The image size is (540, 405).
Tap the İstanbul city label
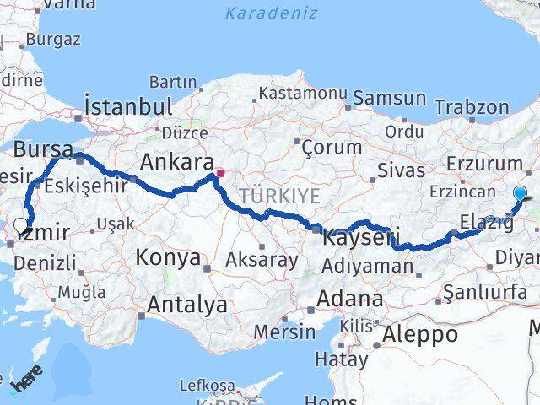click(x=129, y=107)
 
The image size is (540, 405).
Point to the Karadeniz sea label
click(x=271, y=13)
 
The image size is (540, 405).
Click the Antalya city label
click(x=186, y=305)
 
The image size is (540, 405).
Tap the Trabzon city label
click(x=472, y=107)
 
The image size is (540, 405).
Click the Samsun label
click(x=390, y=98)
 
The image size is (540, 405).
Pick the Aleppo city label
click(x=419, y=334)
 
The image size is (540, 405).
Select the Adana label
click(x=350, y=299)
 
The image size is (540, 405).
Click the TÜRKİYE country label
click(x=279, y=196)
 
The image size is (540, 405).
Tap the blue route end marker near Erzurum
click(x=520, y=194)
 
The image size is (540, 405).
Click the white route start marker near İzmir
click(x=20, y=225)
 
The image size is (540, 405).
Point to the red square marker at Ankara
click(x=220, y=174)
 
